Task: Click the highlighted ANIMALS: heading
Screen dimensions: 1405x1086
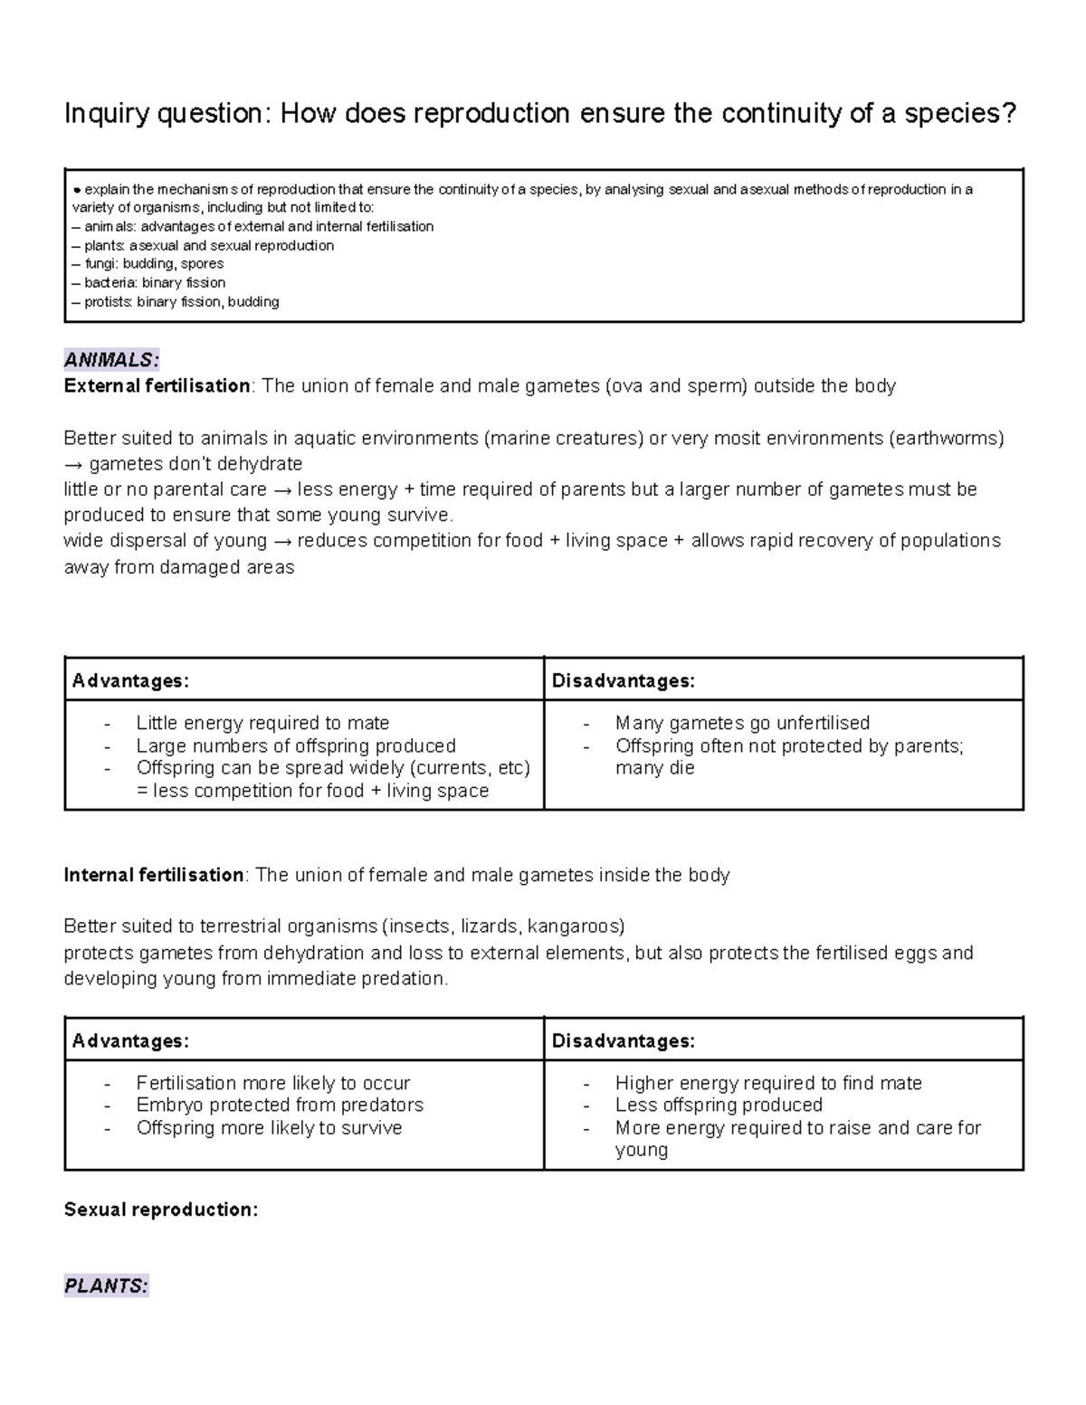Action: point(111,359)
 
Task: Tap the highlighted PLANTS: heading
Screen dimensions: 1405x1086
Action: point(106,1286)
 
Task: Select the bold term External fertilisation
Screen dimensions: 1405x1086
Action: point(157,386)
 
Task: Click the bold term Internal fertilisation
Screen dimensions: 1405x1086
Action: point(154,875)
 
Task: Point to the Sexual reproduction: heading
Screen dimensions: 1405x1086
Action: point(161,1210)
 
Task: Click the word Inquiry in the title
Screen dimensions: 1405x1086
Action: point(107,114)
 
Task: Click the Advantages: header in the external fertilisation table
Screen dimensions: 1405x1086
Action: point(130,681)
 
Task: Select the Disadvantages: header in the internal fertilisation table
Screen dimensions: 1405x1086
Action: point(624,1041)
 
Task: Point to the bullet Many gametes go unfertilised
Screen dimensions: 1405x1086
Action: point(742,723)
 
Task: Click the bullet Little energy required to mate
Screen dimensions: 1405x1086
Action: point(262,723)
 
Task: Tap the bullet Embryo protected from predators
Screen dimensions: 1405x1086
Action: point(280,1105)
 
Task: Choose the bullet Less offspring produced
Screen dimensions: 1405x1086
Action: point(719,1105)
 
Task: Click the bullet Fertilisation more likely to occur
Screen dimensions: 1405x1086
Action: point(273,1083)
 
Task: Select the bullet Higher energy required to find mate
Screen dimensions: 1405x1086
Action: point(768,1083)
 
